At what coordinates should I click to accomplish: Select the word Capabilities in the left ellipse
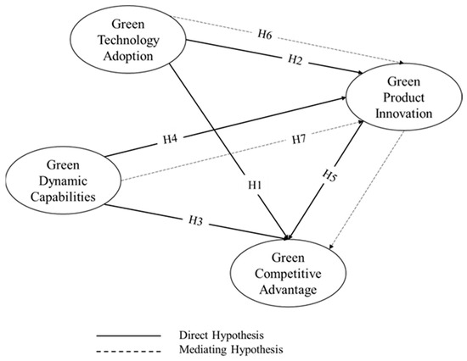tap(59, 194)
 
